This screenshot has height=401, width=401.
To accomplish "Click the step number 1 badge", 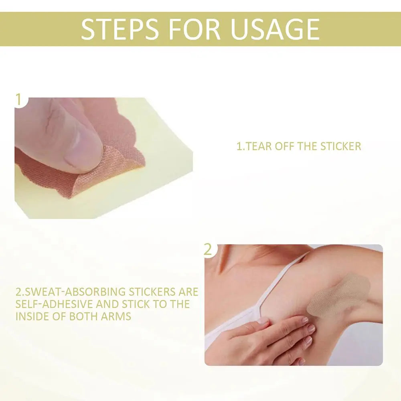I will (x=18, y=99).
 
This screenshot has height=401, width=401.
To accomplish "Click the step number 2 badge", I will (x=208, y=249).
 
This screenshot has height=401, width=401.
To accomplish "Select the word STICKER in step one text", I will (x=340, y=146).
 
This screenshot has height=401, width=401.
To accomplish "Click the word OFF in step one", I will (x=284, y=146).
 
